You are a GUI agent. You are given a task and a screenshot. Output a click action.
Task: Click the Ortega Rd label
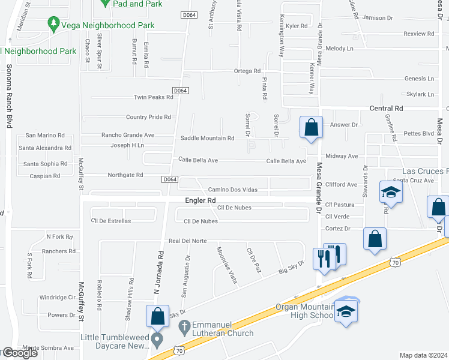click(247, 71)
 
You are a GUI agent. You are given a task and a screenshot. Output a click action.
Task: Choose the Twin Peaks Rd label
click(153, 97)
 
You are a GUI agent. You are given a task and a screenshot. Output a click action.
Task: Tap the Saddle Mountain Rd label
click(207, 139)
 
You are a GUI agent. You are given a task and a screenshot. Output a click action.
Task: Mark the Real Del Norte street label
click(187, 241)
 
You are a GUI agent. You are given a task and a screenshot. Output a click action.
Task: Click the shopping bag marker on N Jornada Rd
click(157, 317)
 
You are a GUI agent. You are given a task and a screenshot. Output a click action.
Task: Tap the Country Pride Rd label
click(148, 117)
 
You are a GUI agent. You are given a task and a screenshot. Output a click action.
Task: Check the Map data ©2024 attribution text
click(423, 355)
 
